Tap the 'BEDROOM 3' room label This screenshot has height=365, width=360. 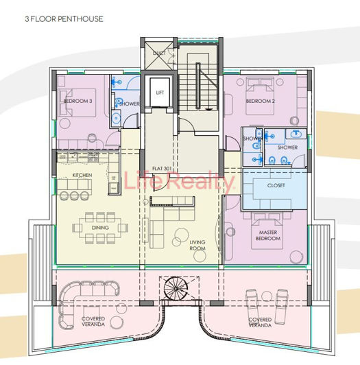(x=77, y=102)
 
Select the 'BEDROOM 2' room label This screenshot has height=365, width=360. (x=260, y=102)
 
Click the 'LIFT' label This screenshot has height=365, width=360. (x=160, y=92)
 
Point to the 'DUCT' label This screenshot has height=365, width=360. (x=158, y=53)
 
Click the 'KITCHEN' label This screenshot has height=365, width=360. (x=82, y=176)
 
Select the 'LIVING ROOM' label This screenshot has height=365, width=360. (x=197, y=246)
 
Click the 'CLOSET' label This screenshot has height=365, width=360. (x=276, y=185)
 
